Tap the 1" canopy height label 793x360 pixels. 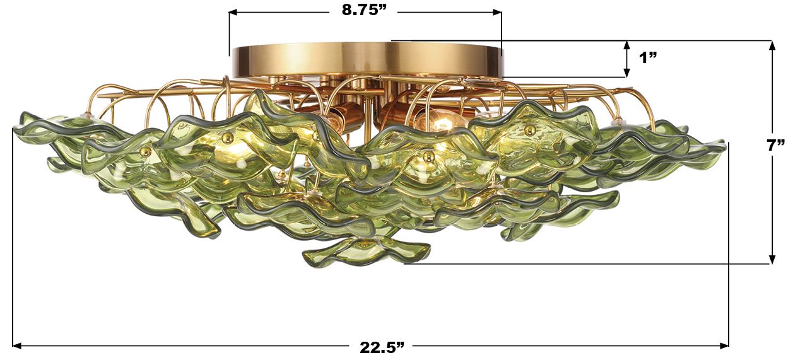(648, 58)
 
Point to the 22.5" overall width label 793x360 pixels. (382, 347)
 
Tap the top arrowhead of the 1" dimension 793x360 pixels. (626, 45)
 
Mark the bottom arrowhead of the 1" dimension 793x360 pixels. (626, 73)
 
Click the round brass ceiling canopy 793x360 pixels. (366, 60)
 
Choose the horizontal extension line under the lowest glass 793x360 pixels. (568, 264)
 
